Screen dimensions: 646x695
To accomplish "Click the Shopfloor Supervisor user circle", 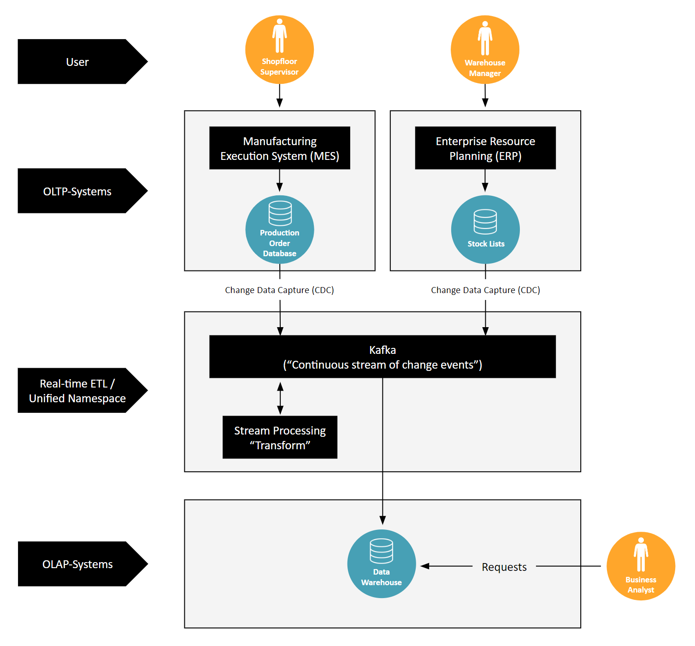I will pos(279,50).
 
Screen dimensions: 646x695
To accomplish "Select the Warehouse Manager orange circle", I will pos(485,50).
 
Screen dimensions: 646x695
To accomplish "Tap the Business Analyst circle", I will pos(641,566).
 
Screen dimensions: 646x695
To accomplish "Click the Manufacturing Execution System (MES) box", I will pos(279,148).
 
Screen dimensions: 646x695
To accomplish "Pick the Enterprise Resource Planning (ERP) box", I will pos(485,148).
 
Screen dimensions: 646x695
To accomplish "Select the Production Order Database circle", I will pos(279,229).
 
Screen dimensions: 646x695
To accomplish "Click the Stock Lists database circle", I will pos(485,229).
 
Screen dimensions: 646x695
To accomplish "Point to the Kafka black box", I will pos(382,357).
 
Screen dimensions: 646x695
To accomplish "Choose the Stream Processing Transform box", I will pos(279,437).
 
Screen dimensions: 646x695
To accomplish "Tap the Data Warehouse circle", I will pos(382,564).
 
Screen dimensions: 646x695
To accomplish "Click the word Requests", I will pos(504,567).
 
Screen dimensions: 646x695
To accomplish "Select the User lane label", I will pos(77,62).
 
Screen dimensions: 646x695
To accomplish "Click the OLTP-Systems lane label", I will pos(77,191).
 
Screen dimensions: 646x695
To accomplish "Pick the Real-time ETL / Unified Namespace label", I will pos(77,391).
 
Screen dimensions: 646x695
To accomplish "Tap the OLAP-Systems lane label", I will pos(77,564).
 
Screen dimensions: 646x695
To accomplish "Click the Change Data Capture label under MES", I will pos(279,290).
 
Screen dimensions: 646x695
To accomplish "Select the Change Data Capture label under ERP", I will pos(485,290).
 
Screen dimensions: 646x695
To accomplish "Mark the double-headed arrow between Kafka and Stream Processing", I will pos(280,398).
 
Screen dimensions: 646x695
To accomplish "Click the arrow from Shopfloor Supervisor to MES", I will pos(279,96).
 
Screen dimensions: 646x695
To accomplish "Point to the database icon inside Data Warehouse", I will pos(382,551).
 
